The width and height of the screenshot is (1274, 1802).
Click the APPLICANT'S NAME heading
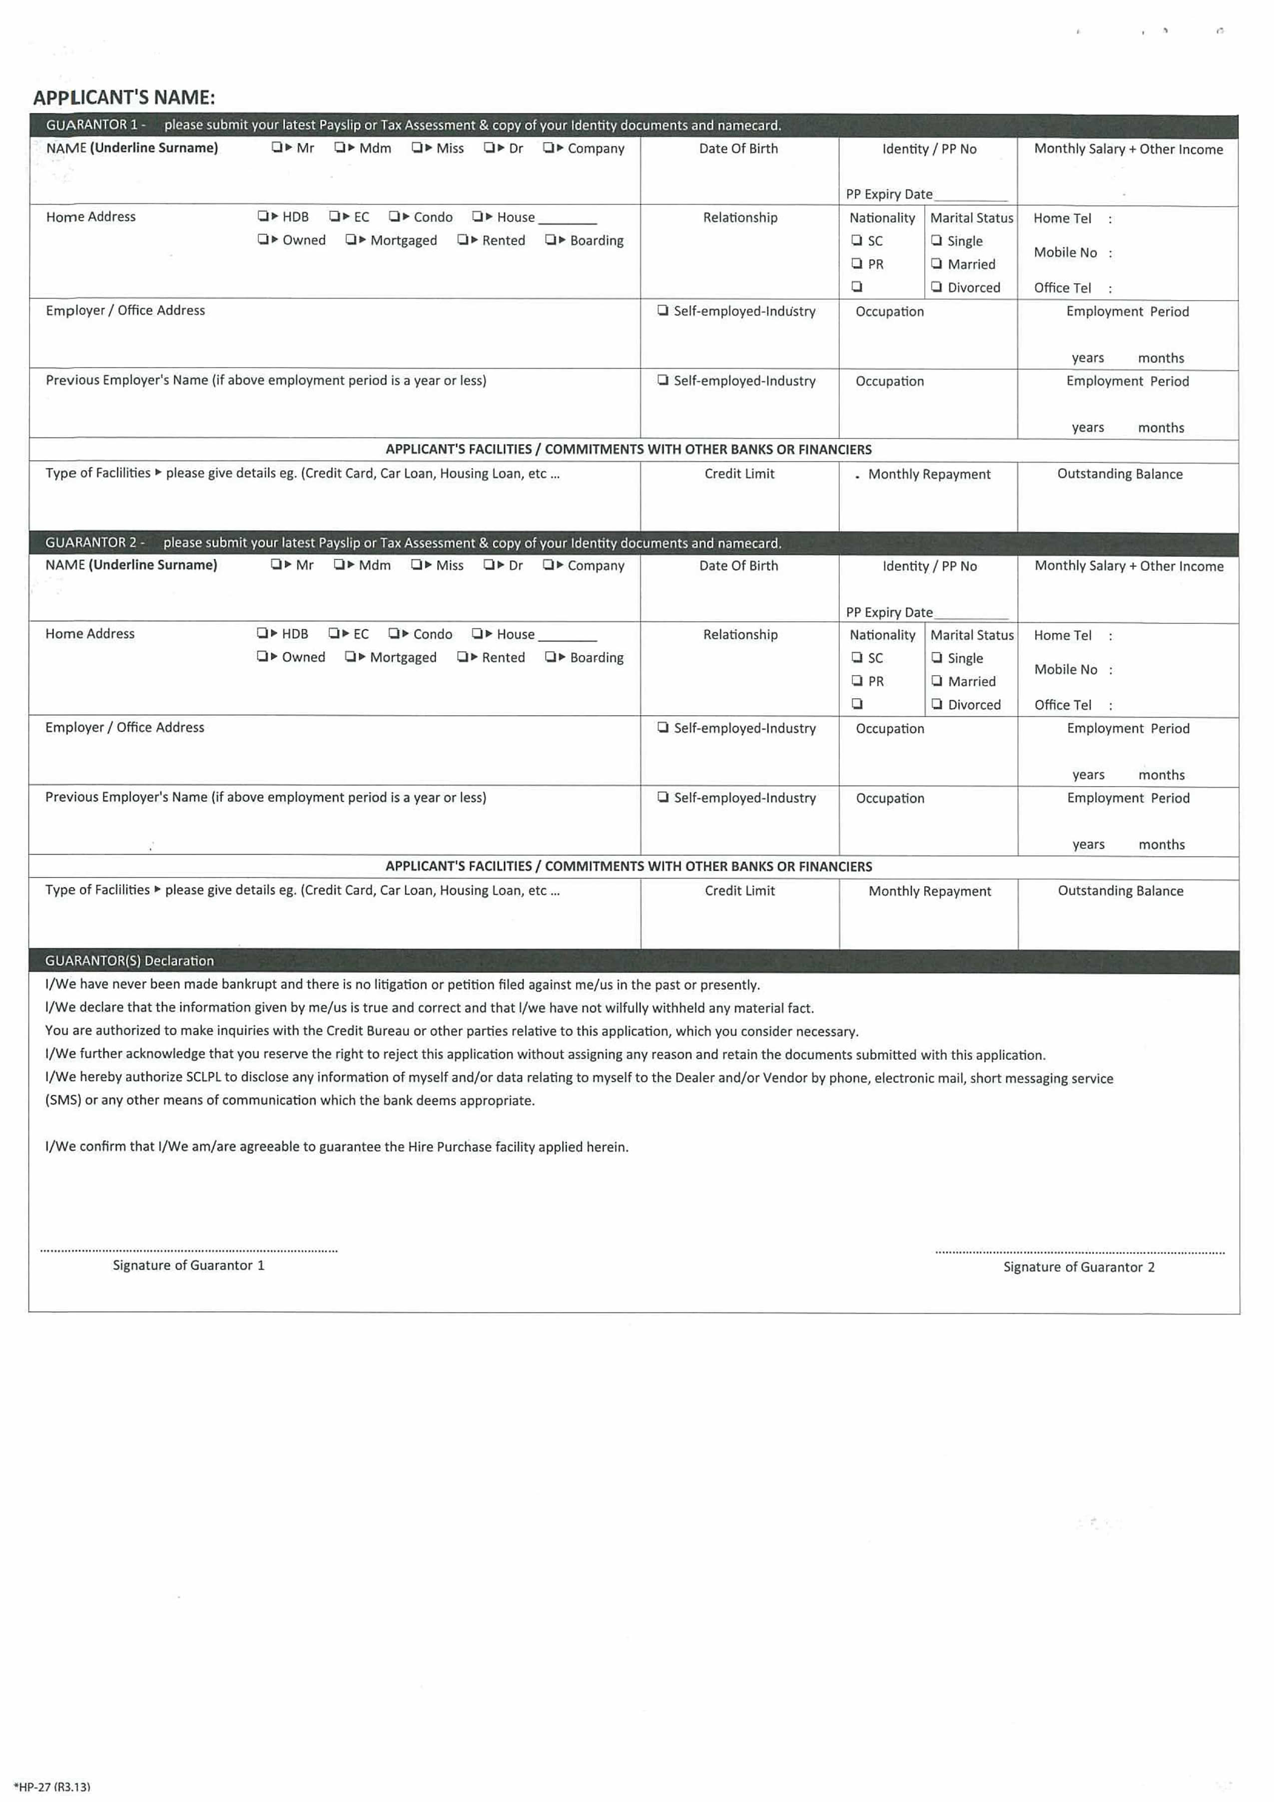124,97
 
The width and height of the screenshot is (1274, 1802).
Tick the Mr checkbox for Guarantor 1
276,147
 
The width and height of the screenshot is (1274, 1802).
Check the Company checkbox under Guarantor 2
547,564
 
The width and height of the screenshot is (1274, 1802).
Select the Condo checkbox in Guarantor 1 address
393,216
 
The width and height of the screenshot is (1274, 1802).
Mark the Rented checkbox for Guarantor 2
462,656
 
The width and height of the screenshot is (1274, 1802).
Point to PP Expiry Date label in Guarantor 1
889,194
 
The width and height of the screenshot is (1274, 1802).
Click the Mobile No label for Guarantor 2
1065,669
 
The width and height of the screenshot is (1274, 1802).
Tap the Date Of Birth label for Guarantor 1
738,148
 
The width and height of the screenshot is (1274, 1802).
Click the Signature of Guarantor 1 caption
188,1265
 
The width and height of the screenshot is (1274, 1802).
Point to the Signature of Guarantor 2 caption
1079,1267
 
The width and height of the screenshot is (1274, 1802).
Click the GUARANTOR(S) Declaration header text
129,960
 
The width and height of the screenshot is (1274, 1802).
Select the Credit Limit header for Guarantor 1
738,473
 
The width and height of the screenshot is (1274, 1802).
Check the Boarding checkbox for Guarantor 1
550,239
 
